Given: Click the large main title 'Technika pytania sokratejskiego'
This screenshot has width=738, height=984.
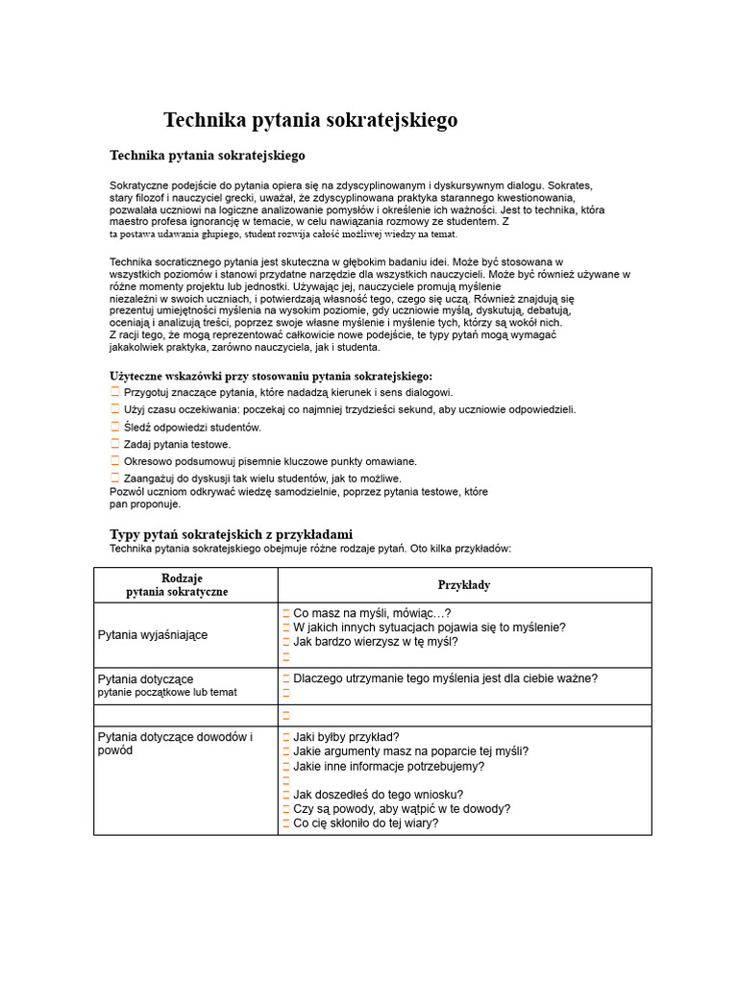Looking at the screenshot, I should [x=310, y=120].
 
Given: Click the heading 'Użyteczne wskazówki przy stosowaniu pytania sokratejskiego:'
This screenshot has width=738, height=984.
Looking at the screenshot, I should [x=271, y=376].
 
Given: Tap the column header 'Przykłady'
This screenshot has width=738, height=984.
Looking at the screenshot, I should [x=464, y=584].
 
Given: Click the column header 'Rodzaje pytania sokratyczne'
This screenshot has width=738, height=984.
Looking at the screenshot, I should [x=182, y=584].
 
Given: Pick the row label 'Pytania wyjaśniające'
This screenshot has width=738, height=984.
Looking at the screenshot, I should [x=153, y=635].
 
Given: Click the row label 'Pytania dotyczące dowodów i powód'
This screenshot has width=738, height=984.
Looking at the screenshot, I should [x=175, y=744].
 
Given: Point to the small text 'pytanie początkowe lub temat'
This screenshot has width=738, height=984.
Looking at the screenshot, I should [x=167, y=692].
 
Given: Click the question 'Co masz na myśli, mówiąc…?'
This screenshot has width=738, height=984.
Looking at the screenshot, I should [x=372, y=613].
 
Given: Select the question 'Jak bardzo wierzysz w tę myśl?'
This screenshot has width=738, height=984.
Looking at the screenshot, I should [x=376, y=642].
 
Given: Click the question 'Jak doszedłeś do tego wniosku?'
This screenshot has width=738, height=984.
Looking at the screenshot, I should [x=378, y=794].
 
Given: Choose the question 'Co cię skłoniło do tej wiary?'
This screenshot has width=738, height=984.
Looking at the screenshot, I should [x=365, y=823].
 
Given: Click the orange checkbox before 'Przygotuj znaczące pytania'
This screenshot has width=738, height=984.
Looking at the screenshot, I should [x=115, y=392].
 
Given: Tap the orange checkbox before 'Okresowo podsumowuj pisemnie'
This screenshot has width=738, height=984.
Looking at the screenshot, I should [x=115, y=460].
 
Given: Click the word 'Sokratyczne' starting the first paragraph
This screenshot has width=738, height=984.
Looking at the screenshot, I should [x=139, y=184].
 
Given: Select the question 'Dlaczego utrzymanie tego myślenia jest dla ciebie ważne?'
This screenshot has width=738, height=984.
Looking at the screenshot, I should [x=445, y=678].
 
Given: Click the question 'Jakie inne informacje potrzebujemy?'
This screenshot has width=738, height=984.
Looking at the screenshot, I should [x=388, y=766].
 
